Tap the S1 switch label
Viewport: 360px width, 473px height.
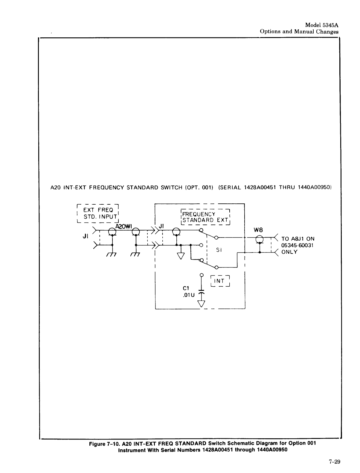[219, 250]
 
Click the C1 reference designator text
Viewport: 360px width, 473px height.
[186, 288]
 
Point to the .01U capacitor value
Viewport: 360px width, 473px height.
[188, 295]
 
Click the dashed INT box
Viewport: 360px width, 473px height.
[220, 281]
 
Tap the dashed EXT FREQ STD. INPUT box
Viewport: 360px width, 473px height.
[98, 213]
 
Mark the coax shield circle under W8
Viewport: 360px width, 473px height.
[259, 239]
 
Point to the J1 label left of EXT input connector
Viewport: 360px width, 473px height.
[85, 236]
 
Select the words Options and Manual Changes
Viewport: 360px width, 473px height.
[299, 31]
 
